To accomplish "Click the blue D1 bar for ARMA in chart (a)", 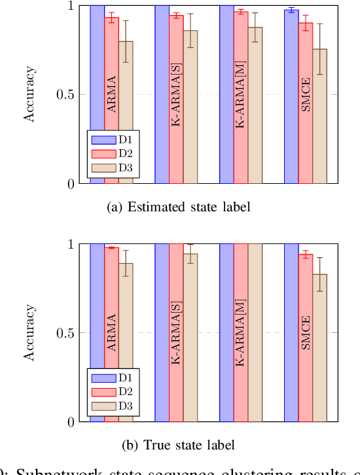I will (97, 65).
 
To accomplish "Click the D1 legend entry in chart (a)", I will (114, 139).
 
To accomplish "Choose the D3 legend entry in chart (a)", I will (114, 168).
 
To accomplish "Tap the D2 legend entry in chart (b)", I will (114, 392).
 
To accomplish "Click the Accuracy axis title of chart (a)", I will (29, 95).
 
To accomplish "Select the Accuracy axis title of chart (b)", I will (29, 333).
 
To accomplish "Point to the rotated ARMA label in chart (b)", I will (111, 332).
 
